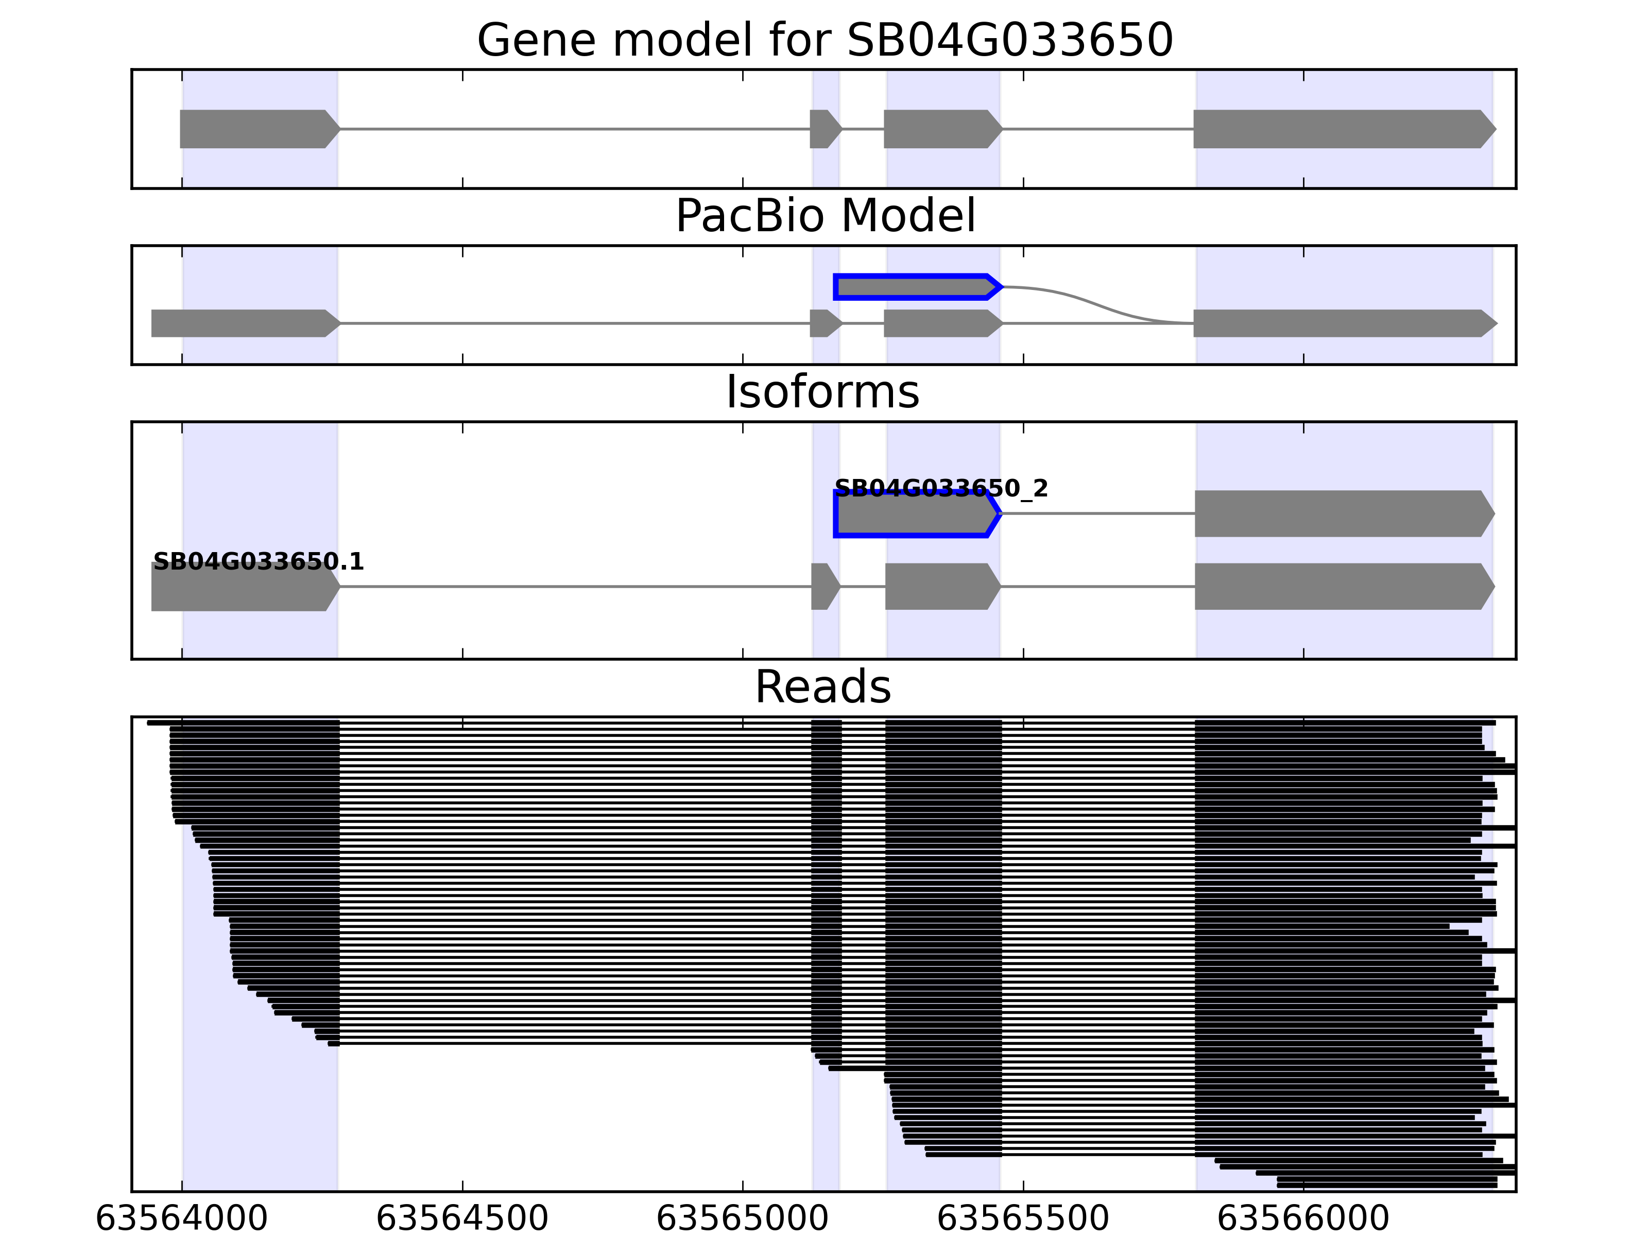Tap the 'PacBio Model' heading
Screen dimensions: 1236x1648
[824, 216]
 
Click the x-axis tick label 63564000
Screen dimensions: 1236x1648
[182, 1219]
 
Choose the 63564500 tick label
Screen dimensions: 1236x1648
[462, 1219]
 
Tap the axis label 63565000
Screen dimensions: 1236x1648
[742, 1219]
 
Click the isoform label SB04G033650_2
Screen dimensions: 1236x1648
[941, 489]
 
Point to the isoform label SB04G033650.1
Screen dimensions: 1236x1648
[258, 562]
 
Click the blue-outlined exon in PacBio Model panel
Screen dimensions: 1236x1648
[916, 287]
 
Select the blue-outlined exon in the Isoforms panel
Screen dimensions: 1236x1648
[915, 513]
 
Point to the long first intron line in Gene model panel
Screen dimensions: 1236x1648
[574, 129]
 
